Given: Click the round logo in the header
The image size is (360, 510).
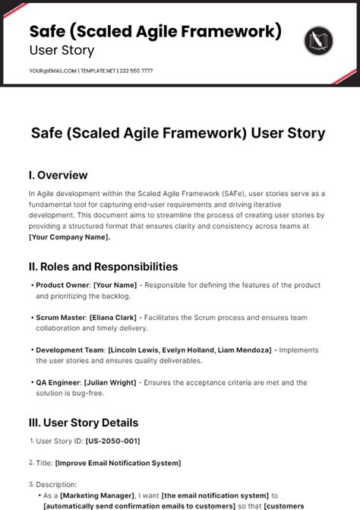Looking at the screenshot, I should [317, 40].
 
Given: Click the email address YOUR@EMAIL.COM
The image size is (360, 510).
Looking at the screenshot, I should [53, 71].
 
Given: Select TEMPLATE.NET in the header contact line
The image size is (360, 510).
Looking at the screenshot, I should [97, 71].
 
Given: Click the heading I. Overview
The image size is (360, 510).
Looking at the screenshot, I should [58, 175].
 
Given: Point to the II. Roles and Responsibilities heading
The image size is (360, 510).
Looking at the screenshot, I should [103, 267].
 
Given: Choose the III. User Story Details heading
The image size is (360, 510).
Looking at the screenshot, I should [84, 423].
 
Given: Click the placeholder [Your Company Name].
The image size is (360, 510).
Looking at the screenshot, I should [69, 237].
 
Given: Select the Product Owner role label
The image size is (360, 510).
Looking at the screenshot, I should [62, 285].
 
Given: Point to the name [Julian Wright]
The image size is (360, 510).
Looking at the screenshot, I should [112, 383].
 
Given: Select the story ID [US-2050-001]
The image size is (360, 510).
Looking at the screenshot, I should [112, 441].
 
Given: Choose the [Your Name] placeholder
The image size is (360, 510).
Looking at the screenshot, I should [115, 285].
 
